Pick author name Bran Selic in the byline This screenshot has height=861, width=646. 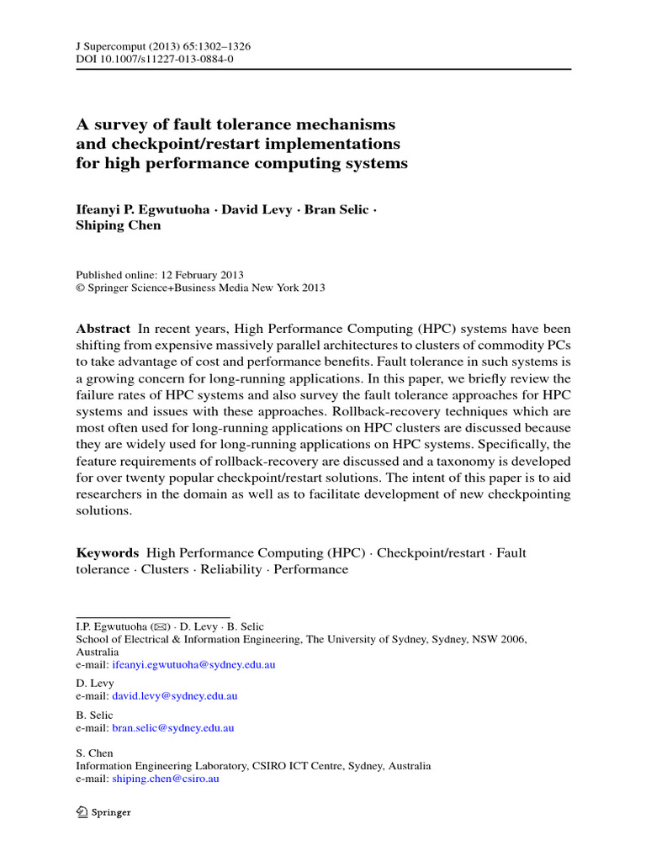[335, 209]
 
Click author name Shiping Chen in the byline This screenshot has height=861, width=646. [119, 225]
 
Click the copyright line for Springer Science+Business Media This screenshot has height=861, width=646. [200, 288]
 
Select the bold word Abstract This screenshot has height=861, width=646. [103, 329]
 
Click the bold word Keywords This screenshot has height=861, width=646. [108, 552]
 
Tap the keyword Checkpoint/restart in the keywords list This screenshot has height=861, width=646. [431, 552]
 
